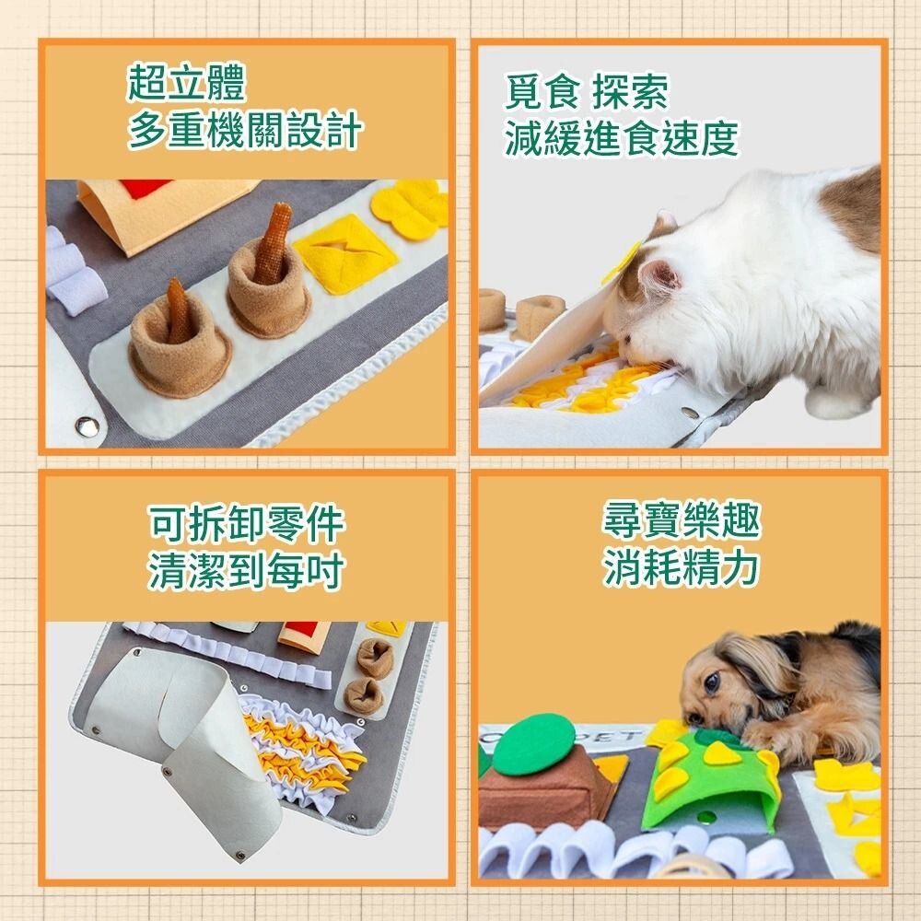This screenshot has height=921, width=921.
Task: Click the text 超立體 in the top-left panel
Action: (187, 85)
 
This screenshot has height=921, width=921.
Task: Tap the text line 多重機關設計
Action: (244, 133)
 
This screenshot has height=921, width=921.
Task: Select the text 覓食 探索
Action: (586, 92)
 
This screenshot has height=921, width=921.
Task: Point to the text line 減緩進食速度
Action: (622, 139)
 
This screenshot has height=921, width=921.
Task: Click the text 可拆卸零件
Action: (245, 525)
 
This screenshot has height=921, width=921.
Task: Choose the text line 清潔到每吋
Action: (245, 572)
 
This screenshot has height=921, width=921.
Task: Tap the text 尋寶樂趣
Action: (682, 521)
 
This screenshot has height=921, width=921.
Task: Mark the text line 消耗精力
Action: (682, 569)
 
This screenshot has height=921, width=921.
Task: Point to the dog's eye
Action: (711, 682)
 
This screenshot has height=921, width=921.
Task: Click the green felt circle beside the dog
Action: (533, 744)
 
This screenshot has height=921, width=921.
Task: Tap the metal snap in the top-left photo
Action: (87, 425)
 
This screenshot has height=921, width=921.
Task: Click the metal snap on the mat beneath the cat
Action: (689, 414)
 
